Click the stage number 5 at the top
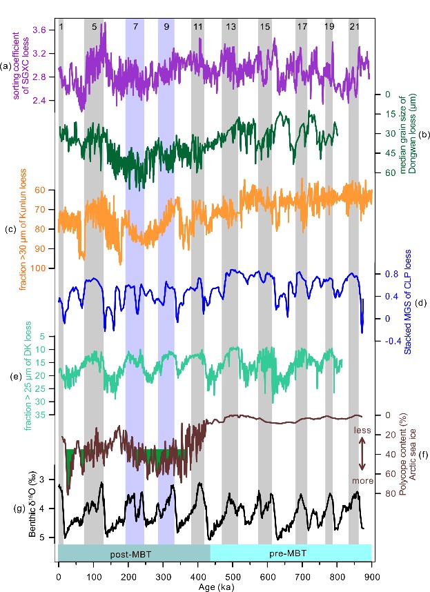coord(95,26)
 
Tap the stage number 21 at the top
coord(354,26)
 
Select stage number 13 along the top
coord(231,26)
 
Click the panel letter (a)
coord(7,66)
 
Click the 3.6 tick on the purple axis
coord(39,30)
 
